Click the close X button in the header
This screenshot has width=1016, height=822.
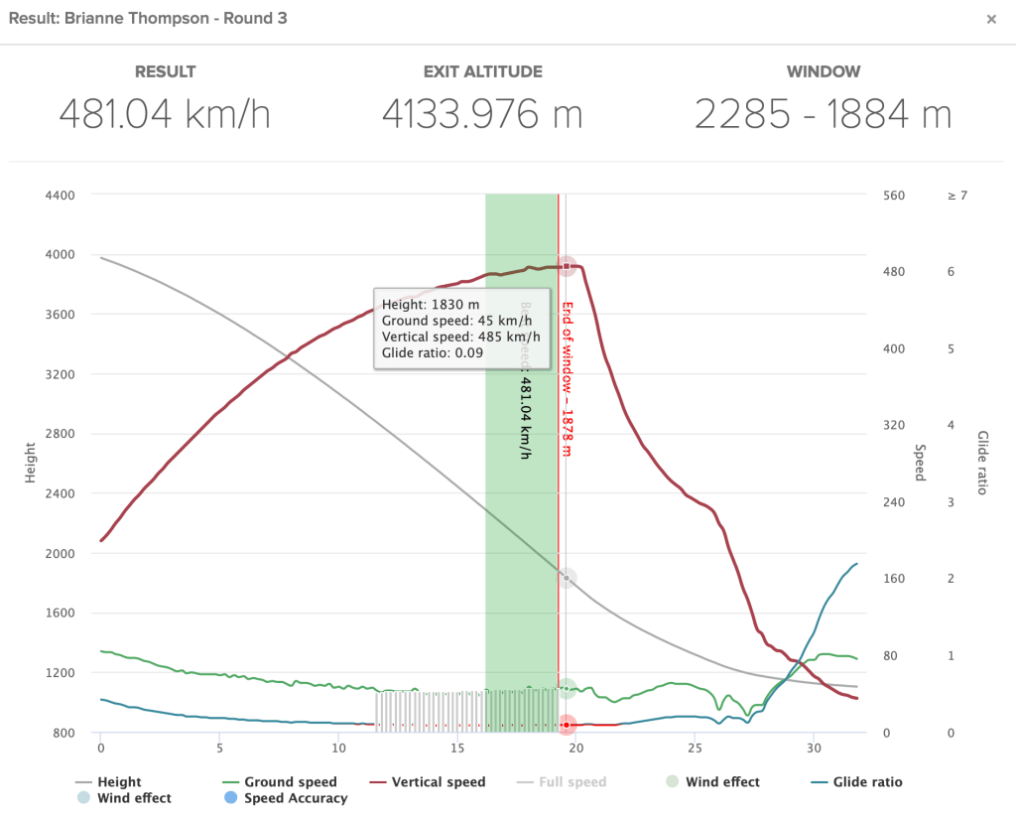991,19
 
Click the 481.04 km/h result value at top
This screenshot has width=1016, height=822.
165,115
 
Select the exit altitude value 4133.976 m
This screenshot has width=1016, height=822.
482,115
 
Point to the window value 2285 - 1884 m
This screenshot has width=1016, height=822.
823,115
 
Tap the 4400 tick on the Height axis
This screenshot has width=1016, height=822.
61,196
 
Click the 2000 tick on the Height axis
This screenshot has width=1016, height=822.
61,553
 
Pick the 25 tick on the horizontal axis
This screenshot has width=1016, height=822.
695,746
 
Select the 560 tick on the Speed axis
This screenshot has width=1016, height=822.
894,196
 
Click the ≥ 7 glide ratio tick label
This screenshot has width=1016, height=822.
957,196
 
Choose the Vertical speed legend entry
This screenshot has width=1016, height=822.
438,782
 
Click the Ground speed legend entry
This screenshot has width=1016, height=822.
290,782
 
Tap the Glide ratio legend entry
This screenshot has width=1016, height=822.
867,782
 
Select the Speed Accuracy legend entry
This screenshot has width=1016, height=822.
296,798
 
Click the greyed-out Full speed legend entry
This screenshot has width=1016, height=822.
572,782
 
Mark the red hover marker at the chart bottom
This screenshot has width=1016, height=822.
567,725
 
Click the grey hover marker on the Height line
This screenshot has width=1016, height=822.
567,578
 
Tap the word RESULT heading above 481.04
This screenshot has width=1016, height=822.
165,71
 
